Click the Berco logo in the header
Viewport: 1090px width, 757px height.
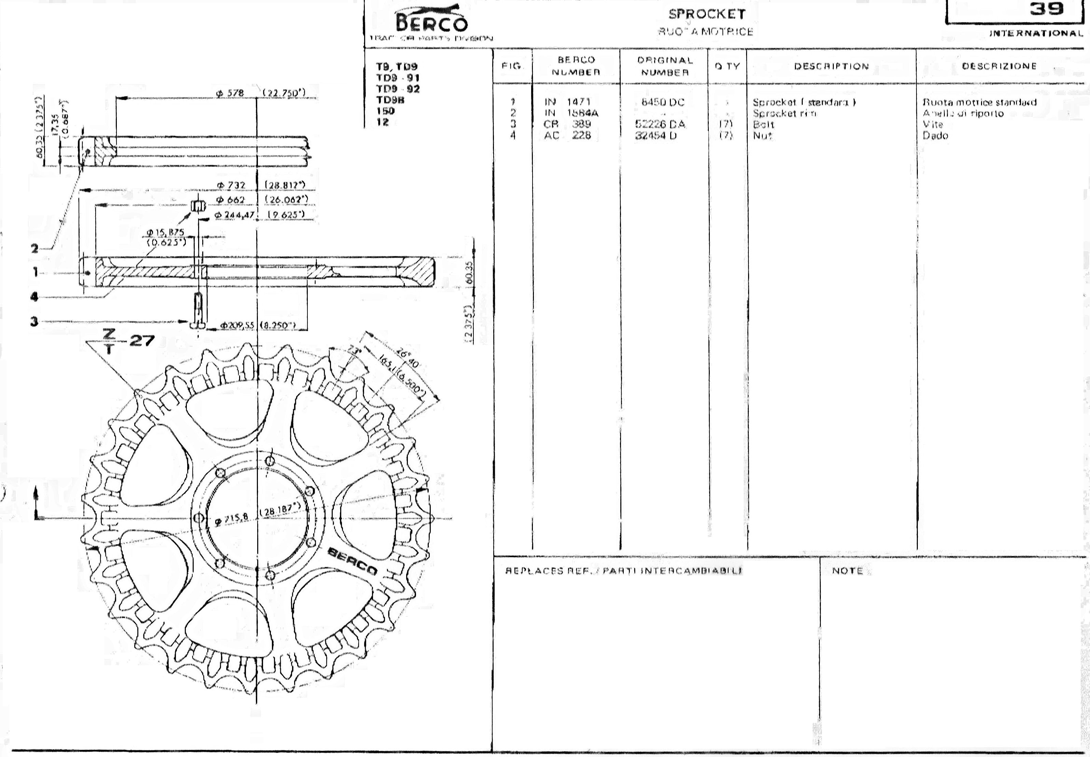[x=431, y=22]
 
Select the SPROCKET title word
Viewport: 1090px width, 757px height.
[x=707, y=14]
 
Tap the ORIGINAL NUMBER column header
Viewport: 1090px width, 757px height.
[x=665, y=67]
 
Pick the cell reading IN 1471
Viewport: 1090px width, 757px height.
[x=567, y=101]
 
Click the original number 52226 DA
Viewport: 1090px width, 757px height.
[x=660, y=124]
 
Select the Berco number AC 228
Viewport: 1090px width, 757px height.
[x=567, y=135]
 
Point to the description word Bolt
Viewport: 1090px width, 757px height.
[x=763, y=125]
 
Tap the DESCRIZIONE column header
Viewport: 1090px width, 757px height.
[x=999, y=67]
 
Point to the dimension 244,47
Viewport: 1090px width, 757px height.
[x=235, y=215]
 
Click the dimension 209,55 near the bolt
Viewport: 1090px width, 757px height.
[x=237, y=325]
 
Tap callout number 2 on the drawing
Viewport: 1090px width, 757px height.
[x=34, y=248]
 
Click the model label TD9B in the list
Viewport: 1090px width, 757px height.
[x=390, y=100]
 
